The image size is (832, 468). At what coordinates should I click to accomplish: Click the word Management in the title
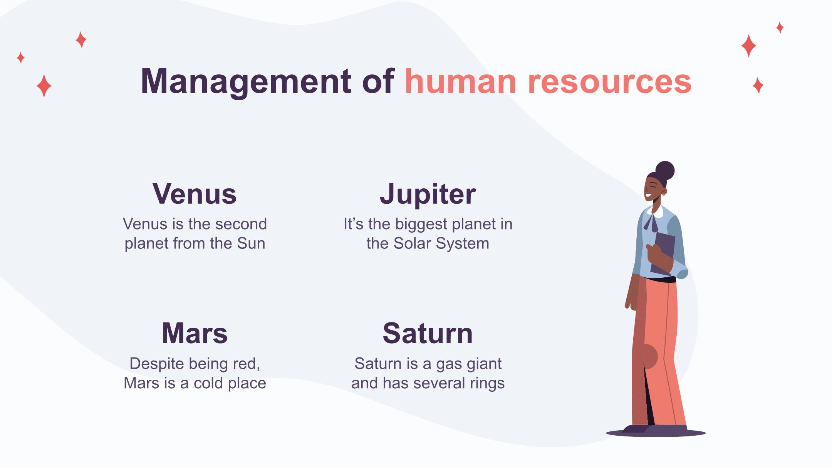246,82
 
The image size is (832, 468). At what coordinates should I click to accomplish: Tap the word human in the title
460,81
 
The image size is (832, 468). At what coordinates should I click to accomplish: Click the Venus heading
195,194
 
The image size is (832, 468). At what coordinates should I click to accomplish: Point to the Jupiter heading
428,195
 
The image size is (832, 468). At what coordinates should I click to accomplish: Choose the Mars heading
195,333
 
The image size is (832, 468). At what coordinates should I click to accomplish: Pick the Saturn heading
428,333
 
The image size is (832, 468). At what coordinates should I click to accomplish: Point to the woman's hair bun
665,171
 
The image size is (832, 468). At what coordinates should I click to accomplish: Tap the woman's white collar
655,211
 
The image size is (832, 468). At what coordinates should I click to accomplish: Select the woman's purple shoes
655,429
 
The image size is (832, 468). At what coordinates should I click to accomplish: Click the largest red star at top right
748,45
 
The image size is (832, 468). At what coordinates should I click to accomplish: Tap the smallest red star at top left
21,58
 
